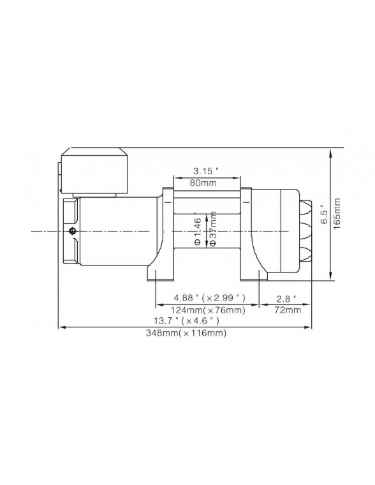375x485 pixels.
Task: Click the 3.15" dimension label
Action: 206,170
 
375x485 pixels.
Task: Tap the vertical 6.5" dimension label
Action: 324,217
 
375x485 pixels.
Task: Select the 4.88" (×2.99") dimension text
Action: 206,298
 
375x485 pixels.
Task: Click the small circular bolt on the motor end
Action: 73,230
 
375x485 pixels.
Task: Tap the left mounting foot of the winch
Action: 161,273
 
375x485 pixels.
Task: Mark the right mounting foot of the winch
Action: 250,273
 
